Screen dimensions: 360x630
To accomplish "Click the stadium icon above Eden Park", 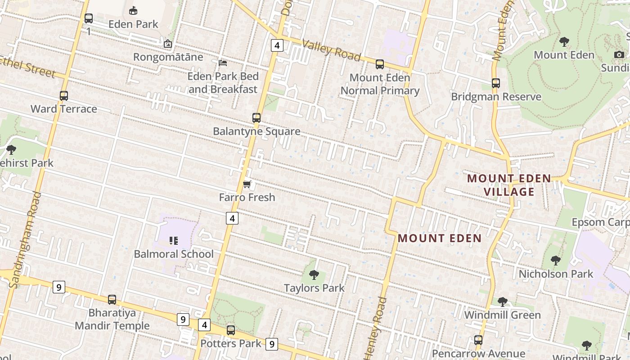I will point(133,10).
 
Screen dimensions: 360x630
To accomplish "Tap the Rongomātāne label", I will point(168,57).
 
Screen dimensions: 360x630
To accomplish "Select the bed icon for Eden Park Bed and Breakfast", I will point(222,63).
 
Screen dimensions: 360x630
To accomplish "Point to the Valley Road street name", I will point(331,50).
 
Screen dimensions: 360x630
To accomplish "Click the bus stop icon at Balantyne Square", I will point(256,118).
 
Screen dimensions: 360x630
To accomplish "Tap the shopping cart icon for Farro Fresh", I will point(247,184).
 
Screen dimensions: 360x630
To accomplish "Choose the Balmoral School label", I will point(174,254).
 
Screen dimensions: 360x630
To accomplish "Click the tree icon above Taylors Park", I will point(314,274).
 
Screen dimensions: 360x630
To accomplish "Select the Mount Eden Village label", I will point(509,185).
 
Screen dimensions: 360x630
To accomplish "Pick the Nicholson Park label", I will point(556,274).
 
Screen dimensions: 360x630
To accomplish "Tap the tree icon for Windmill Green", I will point(502,301).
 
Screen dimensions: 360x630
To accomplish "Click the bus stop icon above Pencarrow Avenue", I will point(478,340).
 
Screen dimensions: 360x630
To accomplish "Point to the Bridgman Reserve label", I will point(496,97).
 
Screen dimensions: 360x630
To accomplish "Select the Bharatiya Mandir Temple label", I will point(112,319).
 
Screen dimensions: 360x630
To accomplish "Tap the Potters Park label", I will point(231,343).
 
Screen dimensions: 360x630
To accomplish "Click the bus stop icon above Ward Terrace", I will point(64,96).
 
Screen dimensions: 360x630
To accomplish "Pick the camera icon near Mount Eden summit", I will point(619,54).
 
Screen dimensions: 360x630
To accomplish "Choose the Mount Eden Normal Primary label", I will point(380,84).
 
